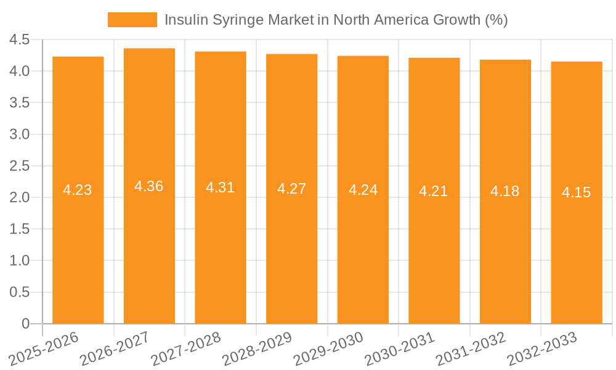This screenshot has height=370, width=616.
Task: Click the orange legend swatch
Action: tap(132, 20)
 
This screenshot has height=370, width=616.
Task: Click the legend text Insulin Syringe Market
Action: tap(336, 20)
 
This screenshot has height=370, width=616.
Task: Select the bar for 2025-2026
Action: tap(78, 247)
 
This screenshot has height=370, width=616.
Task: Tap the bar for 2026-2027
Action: tap(149, 247)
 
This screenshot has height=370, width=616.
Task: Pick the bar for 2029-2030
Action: tap(363, 247)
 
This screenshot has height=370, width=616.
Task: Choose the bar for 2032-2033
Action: tap(577, 247)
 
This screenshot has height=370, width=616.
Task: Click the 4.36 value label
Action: tap(149, 186)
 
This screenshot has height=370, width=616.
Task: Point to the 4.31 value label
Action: tap(221, 187)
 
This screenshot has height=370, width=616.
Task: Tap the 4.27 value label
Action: tap(291, 189)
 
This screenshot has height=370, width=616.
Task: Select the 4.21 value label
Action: tap(434, 191)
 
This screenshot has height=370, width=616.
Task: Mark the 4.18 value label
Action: tap(505, 191)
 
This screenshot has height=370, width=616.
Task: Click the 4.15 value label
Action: tap(577, 192)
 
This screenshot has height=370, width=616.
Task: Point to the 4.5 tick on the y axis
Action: tap(20, 39)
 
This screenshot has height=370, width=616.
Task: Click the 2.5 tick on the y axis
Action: tap(20, 166)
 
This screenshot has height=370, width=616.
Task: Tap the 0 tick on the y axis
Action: tap(25, 324)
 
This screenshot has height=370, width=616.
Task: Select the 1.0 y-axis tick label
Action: tap(20, 261)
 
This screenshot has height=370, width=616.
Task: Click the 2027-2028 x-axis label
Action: tap(186, 348)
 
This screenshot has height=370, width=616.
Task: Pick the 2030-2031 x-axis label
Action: tap(400, 348)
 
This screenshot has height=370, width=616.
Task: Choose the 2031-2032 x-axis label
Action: tap(471, 348)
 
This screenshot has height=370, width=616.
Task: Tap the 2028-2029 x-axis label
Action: tap(257, 348)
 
